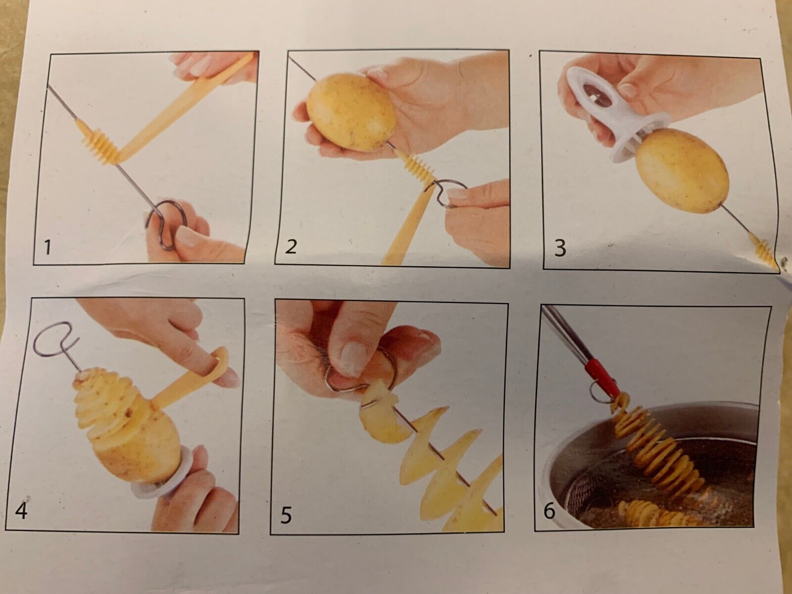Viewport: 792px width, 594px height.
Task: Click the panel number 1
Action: [47, 248]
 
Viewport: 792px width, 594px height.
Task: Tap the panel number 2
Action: [291, 247]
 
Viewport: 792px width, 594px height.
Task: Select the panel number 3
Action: [560, 248]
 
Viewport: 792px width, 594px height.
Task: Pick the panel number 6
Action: [549, 511]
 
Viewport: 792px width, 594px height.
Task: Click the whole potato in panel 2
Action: [351, 112]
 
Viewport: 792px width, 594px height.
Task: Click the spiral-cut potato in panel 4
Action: [126, 422]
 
